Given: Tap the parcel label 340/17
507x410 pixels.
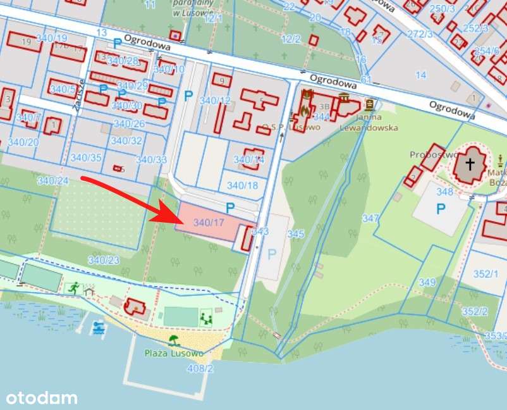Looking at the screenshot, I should point(209,223).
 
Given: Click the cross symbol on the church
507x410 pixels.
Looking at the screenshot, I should point(470,165).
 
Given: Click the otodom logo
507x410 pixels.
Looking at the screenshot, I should point(42,398).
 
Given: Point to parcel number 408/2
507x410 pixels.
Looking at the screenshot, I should point(200,368).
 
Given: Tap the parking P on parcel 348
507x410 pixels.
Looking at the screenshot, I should point(440,209).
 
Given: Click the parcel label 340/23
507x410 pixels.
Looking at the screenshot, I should point(104,260).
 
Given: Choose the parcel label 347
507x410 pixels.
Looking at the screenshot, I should point(370,218).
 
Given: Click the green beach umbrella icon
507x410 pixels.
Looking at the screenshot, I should point(173,340).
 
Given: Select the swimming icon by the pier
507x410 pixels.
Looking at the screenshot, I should point(98,328).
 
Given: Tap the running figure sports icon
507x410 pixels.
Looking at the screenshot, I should point(74,288).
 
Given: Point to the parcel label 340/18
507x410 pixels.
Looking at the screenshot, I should point(243,185).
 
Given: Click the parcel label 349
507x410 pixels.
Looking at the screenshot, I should point(427,282).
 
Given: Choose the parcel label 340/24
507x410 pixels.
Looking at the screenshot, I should point(52,181).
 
